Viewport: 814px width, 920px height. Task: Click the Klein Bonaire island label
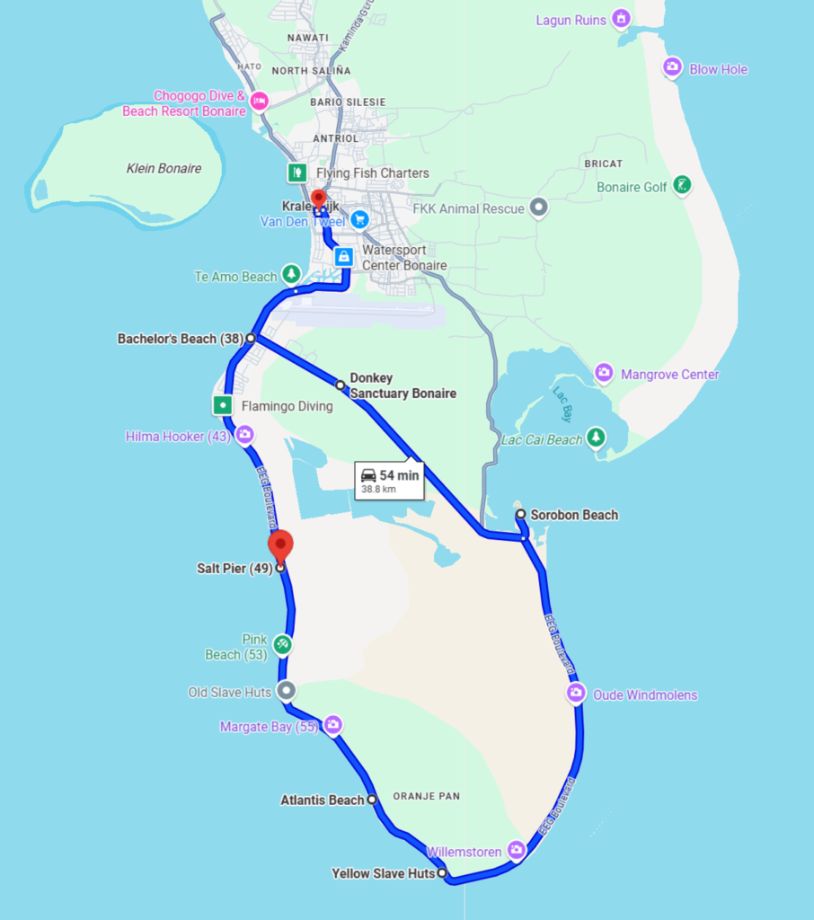164,168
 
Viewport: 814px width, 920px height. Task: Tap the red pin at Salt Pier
280,544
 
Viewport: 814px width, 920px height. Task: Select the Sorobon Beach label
574,515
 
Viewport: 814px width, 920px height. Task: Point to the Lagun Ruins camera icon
620,18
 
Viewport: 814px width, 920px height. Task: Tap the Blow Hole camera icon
671,67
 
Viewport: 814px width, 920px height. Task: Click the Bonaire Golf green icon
683,185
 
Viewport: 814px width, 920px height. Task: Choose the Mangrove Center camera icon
605,373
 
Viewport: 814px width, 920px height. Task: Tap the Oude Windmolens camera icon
576,694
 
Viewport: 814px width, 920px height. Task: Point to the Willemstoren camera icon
516,849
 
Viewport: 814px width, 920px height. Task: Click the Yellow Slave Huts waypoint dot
442,872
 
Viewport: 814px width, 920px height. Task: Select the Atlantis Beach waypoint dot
372,799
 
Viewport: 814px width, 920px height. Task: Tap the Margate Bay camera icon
333,724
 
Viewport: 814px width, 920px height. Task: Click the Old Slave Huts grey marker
286,691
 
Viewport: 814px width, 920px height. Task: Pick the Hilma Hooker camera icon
244,436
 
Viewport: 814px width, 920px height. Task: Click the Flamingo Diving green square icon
223,405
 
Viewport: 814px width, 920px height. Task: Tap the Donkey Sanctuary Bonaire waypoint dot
341,385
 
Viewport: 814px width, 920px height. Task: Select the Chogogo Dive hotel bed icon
260,102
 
